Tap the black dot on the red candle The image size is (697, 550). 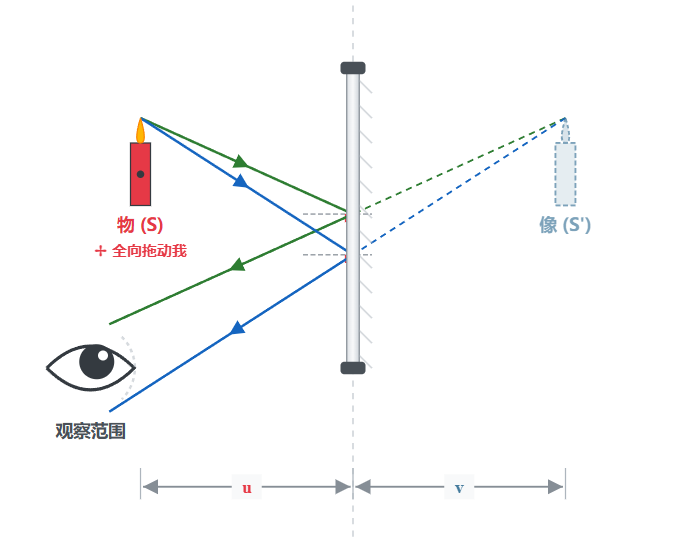coord(140,174)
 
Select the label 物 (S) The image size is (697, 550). coord(140,225)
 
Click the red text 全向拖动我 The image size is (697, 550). coord(149,251)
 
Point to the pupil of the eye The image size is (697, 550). coord(96,362)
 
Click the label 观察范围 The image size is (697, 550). coord(90,431)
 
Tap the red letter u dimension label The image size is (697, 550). coord(247,488)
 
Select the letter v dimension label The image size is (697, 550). coord(459,488)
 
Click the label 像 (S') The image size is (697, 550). coord(565,225)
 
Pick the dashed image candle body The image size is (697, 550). coord(565,174)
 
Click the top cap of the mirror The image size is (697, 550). coord(353,68)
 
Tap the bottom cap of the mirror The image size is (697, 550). coord(353,368)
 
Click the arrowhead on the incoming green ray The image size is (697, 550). coord(240,161)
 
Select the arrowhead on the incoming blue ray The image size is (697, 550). coord(240,181)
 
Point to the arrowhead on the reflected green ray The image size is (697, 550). coord(237,265)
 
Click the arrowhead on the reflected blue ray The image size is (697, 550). coord(237,328)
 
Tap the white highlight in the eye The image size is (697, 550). coord(103,356)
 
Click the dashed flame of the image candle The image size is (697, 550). coord(565,131)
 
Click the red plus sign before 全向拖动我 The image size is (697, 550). coord(100,251)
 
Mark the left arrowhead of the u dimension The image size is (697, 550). coord(150,487)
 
